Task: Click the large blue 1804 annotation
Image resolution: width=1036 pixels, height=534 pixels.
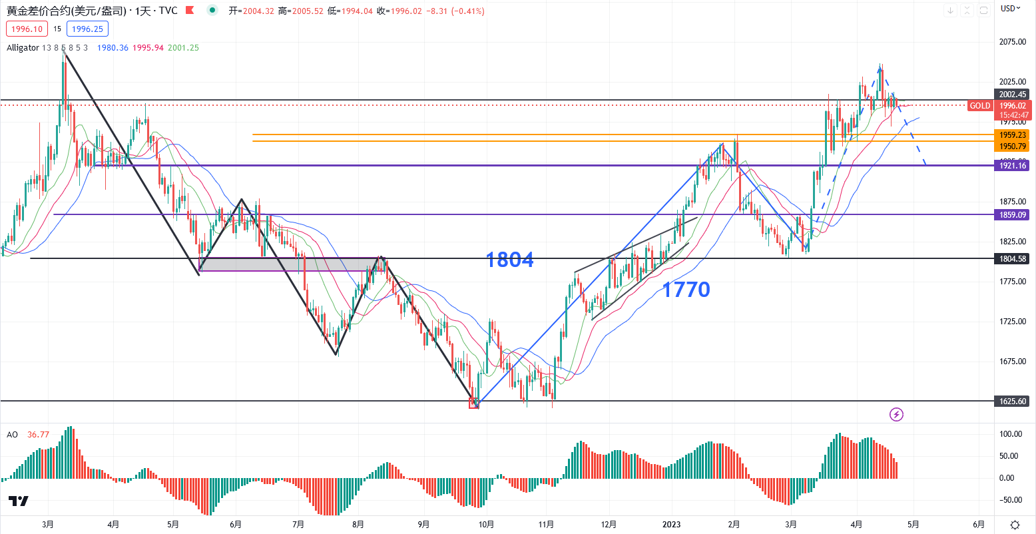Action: [x=509, y=260]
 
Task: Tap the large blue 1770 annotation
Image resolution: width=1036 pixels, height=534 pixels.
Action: [x=686, y=290]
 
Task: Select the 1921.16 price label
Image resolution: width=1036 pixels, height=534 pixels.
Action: [x=1013, y=166]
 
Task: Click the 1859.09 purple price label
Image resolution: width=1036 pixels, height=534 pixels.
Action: [x=1013, y=215]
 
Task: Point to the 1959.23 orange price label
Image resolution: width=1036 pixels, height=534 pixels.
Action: [x=1013, y=135]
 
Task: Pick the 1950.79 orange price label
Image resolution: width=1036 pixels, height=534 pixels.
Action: [x=1013, y=146]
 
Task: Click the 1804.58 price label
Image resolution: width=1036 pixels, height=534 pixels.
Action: [x=1013, y=259]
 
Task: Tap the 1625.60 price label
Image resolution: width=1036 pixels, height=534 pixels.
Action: [x=1013, y=401]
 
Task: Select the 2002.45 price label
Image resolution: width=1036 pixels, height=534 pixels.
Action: [x=1013, y=95]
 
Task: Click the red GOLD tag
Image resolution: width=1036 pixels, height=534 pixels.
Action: [x=979, y=106]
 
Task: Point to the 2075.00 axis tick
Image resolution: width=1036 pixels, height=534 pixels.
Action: [x=1013, y=42]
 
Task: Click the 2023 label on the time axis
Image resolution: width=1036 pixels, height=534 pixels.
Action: [x=671, y=525]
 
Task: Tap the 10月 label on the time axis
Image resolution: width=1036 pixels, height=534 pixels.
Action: [x=486, y=525]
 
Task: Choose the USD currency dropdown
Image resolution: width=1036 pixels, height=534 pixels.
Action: [x=1011, y=9]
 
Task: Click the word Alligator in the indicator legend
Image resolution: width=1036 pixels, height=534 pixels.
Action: [x=23, y=48]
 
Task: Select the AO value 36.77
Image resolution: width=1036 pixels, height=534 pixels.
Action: [x=38, y=435]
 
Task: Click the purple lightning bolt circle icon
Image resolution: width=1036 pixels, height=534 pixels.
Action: [x=896, y=415]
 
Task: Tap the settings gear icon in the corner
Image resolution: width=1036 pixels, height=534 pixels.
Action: [x=1015, y=525]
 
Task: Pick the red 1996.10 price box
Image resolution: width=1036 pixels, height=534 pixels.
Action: [x=27, y=29]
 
